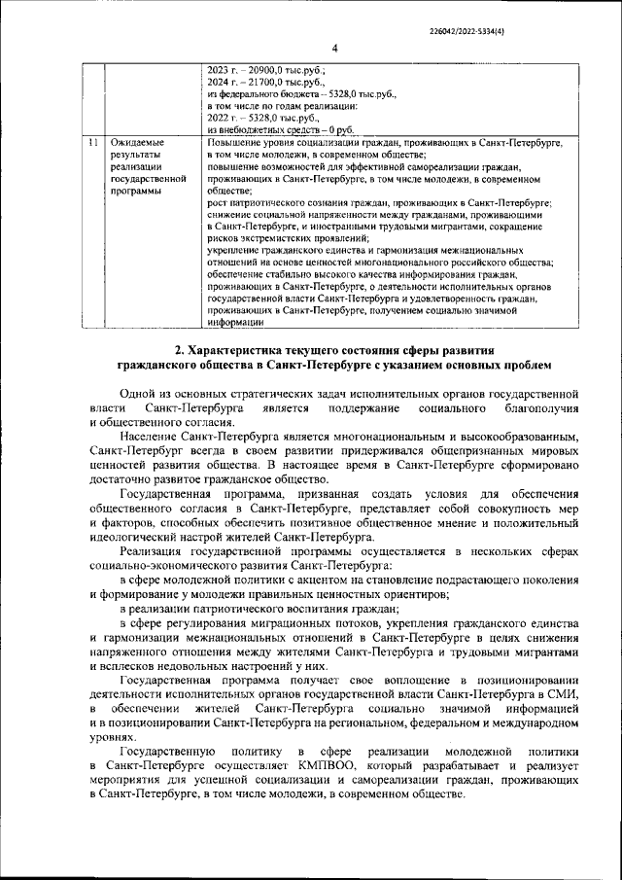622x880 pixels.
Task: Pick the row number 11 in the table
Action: point(91,143)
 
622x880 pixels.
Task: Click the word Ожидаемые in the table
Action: point(138,143)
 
